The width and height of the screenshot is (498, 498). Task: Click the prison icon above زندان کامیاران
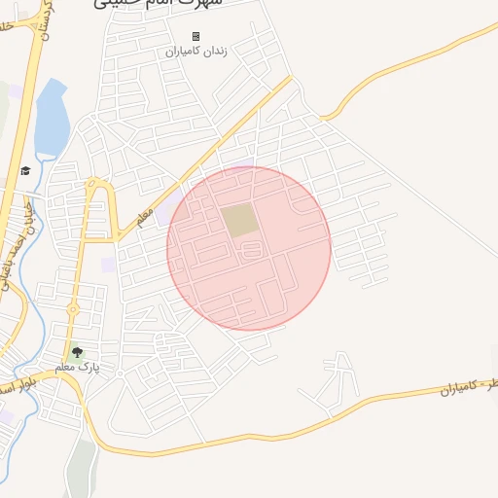[196, 36]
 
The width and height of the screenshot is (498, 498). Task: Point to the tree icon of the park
[78, 353]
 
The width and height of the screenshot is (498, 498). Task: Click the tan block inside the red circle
[239, 220]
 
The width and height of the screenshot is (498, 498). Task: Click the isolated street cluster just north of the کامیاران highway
[331, 382]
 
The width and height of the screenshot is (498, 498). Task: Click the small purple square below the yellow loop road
[108, 264]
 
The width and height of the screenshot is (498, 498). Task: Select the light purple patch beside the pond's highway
[16, 92]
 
